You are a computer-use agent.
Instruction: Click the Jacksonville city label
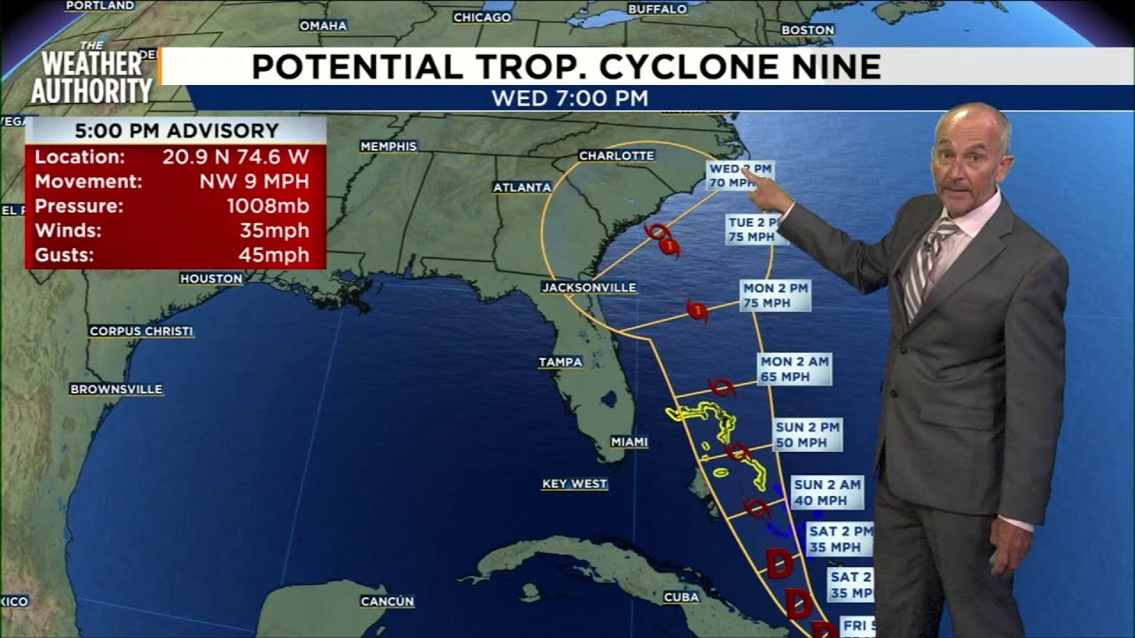(589, 287)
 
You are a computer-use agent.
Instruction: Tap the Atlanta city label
(522, 187)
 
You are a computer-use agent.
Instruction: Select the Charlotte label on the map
(616, 155)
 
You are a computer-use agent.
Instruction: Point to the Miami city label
(630, 441)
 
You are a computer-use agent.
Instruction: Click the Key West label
(575, 484)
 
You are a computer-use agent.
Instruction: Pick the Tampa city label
(560, 362)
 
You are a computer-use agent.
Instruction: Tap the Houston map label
(211, 278)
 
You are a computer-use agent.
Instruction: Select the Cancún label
(387, 602)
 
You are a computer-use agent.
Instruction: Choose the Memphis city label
(388, 145)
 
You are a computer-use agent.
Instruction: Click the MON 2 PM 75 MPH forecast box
(776, 295)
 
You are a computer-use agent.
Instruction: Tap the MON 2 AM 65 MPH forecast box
(794, 369)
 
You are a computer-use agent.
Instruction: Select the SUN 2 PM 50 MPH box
(807, 434)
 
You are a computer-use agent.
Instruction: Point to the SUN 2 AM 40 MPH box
(826, 492)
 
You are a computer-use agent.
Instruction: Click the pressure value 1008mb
(268, 206)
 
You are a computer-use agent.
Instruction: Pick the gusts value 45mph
(274, 255)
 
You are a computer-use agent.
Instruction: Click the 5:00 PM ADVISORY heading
(176, 130)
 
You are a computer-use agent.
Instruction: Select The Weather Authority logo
(91, 75)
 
